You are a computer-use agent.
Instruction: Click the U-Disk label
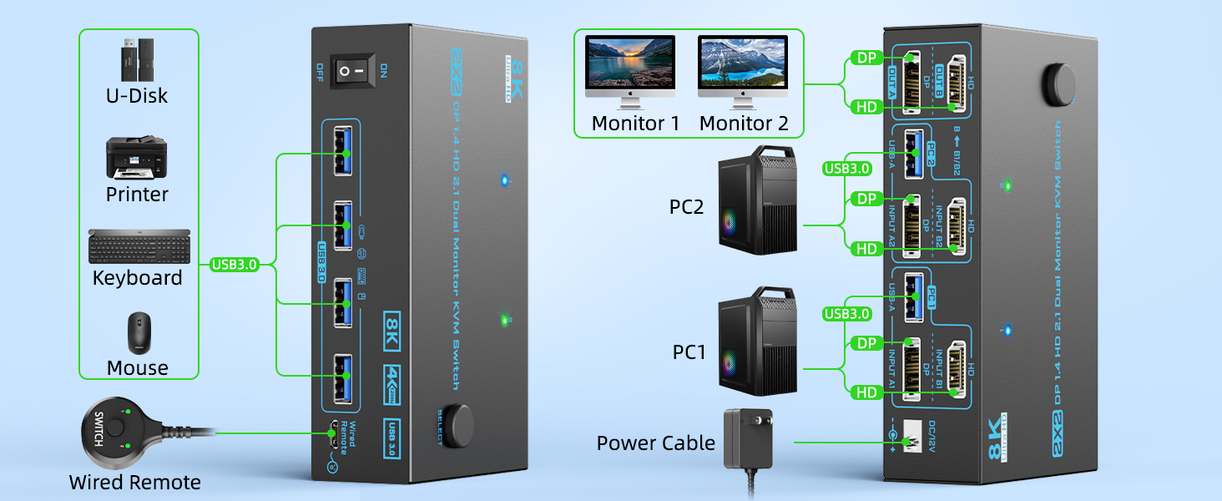point(137,96)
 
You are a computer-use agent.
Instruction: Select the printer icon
point(136,158)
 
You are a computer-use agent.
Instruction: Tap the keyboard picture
point(135,246)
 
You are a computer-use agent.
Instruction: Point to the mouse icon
point(138,334)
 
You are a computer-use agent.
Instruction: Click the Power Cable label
point(655,443)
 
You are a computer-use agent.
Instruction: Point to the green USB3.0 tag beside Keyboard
point(235,265)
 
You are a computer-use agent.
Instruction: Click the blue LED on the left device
point(503,180)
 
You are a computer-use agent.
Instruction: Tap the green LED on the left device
point(503,320)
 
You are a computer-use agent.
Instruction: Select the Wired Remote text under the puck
point(134,483)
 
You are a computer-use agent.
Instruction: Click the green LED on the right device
point(1009,185)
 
